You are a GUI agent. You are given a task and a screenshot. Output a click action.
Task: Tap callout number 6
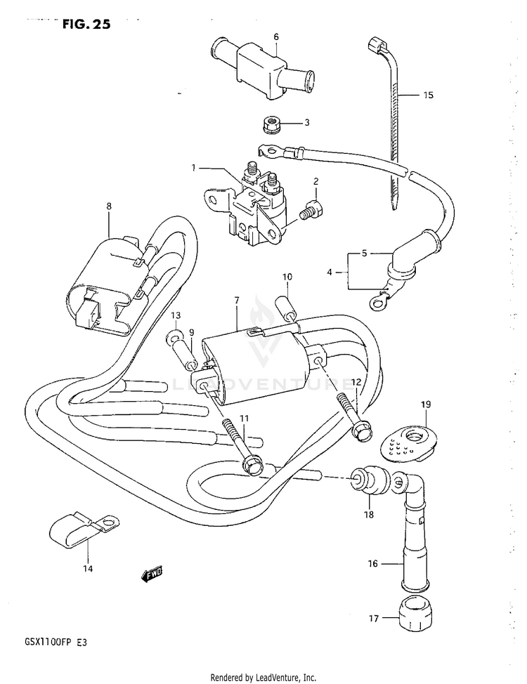[x=276, y=37]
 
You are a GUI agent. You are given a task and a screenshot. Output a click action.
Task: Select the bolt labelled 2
[x=310, y=209]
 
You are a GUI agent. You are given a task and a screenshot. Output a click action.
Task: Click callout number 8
[x=109, y=206]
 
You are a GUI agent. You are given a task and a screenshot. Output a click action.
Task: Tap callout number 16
[x=373, y=563]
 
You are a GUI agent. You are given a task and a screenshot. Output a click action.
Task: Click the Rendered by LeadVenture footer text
[x=263, y=678]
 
